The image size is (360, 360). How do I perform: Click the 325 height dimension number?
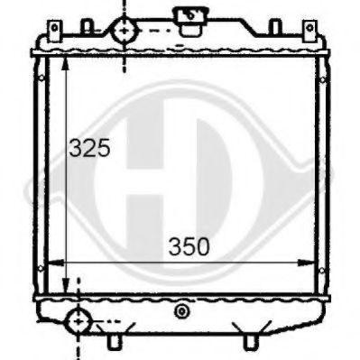[x=89, y=148]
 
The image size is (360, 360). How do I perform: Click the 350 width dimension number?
[x=189, y=246]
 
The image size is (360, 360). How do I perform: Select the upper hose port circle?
[x=125, y=31]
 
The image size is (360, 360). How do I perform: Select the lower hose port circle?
[x=78, y=321]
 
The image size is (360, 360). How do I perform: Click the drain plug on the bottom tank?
[x=181, y=311]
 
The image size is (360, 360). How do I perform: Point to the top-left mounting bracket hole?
[x=54, y=28]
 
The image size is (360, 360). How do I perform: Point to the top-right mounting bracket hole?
[x=309, y=28]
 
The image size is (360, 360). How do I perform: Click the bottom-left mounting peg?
[x=114, y=341]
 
